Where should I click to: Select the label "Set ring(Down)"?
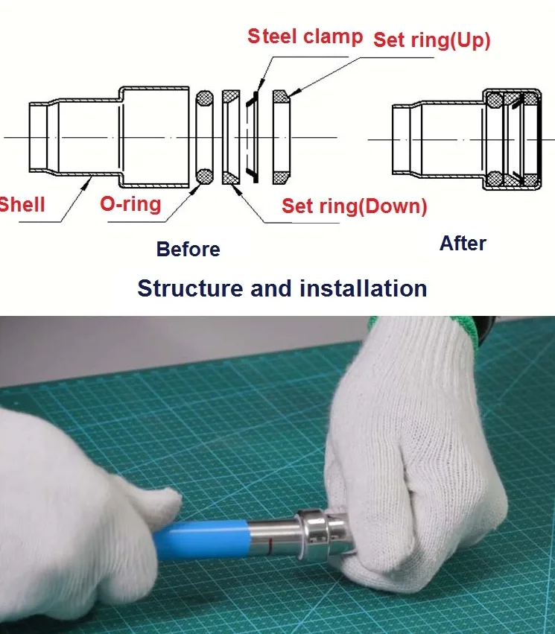pos(354,206)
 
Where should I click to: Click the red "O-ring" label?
pos(130,203)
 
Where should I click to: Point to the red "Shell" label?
pos(22,203)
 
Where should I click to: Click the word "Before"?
pos(188,249)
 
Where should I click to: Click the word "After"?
pos(462,244)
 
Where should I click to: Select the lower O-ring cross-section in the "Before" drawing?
pos(204,177)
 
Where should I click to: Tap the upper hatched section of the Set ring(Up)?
pos(280,97)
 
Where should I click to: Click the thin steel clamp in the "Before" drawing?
pos(252,138)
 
